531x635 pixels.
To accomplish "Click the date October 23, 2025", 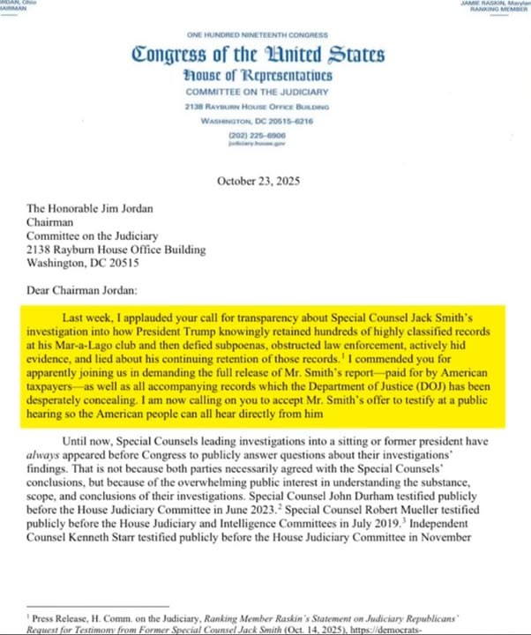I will tap(258, 182).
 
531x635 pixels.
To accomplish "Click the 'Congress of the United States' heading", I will tap(258, 55).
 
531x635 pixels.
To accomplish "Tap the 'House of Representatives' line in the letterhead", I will tap(258, 76).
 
